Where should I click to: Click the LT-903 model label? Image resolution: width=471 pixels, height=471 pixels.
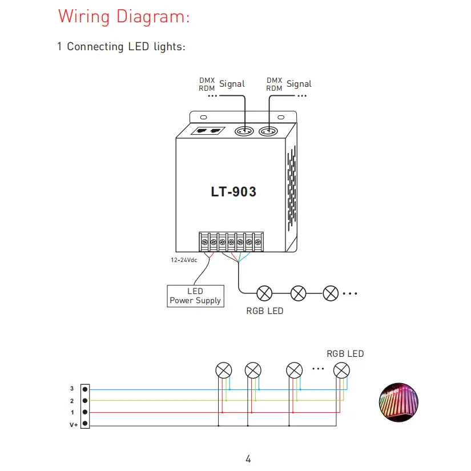pos(234,192)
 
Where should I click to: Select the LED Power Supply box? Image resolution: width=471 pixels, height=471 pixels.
pos(196,296)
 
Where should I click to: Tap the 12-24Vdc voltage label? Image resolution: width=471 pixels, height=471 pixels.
pos(184,260)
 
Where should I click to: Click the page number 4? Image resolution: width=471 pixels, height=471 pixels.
pos(248,458)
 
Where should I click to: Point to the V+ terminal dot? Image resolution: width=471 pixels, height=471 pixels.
pos(85,423)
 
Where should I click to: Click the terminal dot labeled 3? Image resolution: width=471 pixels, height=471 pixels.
pos(85,389)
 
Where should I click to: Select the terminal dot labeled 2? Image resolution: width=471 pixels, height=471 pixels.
pos(85,401)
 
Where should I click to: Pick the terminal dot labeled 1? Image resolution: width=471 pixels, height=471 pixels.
pos(85,412)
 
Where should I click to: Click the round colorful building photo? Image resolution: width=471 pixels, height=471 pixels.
pos(398,402)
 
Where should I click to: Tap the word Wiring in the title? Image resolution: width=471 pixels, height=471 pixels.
pos(84,16)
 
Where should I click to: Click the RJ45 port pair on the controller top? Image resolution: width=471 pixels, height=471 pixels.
pos(208,131)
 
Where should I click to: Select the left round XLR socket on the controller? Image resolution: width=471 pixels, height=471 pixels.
pos(244,131)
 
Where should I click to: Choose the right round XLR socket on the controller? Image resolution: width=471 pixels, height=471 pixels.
pos(268,131)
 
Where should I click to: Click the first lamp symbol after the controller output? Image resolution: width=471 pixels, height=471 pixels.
pos(265,293)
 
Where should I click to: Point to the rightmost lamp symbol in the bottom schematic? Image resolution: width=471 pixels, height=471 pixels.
pos(341,371)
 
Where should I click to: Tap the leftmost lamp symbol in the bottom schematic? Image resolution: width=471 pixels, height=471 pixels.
pos(224,371)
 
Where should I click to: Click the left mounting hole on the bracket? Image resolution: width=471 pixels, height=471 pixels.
pos(204,117)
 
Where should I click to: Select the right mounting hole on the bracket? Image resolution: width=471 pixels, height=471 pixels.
pos(281,117)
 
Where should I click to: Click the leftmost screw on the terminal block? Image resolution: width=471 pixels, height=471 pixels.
pos(204,242)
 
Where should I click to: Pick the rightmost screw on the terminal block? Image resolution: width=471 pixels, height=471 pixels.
pos(257,242)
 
